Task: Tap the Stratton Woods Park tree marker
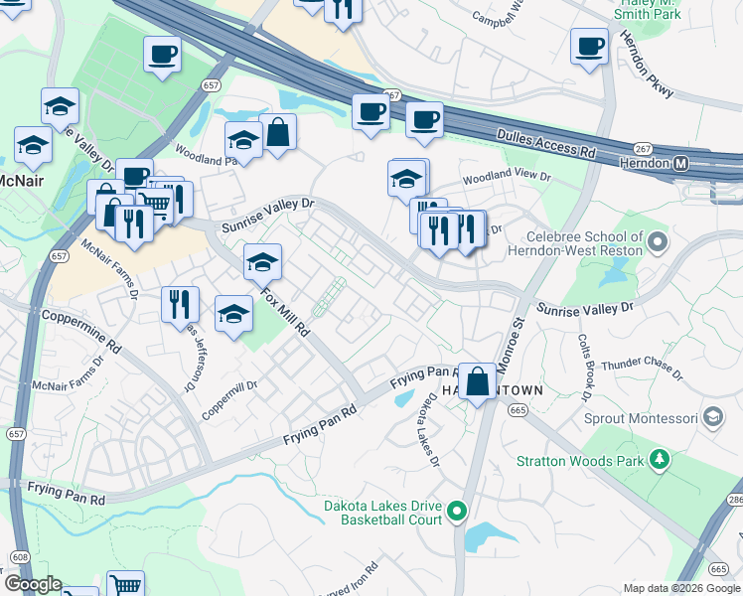[x=657, y=459]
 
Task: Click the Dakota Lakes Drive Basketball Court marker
[x=457, y=513]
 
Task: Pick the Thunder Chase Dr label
[x=643, y=368]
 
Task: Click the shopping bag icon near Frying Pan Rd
[x=478, y=380]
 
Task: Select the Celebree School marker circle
[x=657, y=241]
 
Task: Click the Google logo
[x=32, y=584]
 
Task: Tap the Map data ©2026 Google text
[x=679, y=588]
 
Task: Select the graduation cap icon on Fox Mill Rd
[x=262, y=262]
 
